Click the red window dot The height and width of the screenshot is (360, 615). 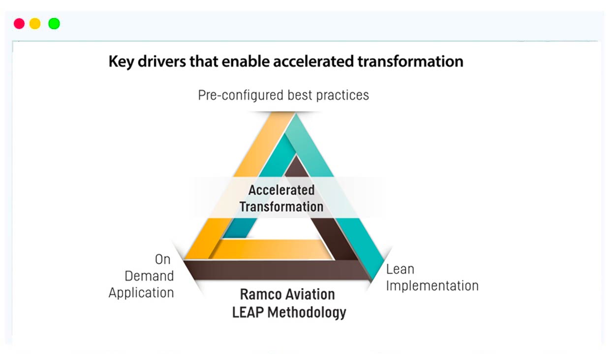19,24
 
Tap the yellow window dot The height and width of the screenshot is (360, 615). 35,24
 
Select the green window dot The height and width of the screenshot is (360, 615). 54,24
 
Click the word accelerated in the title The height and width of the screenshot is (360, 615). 313,61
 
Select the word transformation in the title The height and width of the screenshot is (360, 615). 410,61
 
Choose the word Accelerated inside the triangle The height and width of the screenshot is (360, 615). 281,190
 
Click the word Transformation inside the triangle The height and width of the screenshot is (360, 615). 281,207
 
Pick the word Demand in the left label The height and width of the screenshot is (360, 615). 150,276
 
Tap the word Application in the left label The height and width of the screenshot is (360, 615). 141,293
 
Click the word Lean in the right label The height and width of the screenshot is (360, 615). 400,269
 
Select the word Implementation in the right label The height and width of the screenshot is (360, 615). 432,286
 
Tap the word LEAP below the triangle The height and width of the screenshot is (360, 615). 247,312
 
